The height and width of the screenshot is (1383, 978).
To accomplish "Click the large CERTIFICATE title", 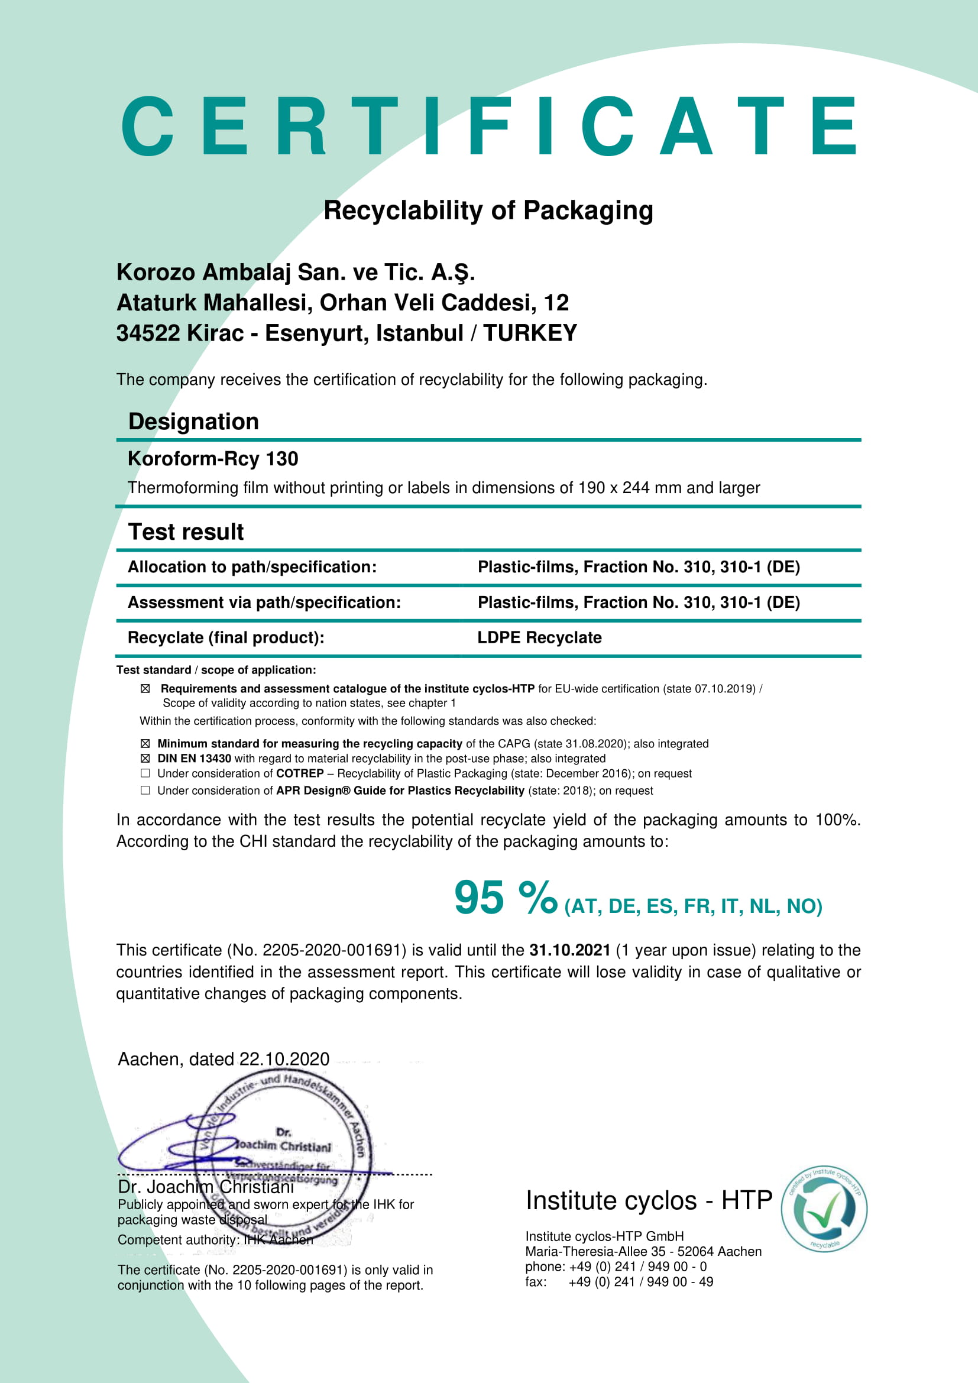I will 488,127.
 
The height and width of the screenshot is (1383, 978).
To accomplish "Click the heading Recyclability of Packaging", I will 488,211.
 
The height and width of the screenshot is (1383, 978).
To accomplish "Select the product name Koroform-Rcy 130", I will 213,459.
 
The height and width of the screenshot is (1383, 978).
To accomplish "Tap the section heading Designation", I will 193,422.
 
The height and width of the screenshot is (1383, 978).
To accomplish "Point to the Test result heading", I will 186,532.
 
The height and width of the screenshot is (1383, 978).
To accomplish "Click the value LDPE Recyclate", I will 539,638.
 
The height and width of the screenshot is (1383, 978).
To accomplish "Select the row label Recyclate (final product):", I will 226,638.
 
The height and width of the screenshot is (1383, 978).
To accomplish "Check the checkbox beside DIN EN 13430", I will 145,759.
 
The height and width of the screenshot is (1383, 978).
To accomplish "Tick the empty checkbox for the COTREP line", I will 145,773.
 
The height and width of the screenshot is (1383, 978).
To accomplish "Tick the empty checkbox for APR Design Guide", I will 145,791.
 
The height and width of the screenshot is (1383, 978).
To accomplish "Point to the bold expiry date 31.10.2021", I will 569,951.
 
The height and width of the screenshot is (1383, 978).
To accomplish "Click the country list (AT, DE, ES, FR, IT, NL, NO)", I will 693,906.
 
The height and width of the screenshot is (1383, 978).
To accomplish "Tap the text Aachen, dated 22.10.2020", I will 224,1059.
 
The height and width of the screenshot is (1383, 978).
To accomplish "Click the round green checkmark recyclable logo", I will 824,1209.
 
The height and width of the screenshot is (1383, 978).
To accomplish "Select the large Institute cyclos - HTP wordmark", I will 649,1200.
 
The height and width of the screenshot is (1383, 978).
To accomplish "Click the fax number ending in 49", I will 641,1282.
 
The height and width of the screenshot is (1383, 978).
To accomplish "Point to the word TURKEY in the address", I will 530,333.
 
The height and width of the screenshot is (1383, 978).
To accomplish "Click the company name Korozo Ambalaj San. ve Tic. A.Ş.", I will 296,272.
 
